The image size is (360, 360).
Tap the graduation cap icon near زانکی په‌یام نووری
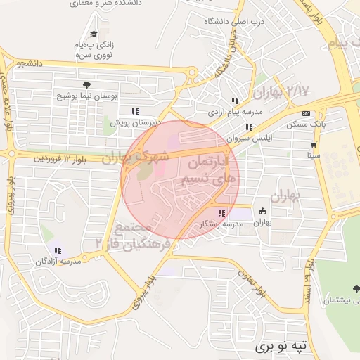[x=94, y=34]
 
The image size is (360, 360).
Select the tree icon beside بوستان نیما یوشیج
[x=86, y=85]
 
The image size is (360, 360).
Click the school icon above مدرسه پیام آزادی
[x=235, y=101]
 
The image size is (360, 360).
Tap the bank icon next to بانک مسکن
[x=306, y=113]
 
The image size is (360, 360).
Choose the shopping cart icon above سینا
[x=313, y=144]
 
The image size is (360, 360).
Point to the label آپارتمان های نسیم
[x=212, y=172]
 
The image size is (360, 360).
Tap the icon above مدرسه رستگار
[x=221, y=213]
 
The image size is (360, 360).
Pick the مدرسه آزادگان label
[x=58, y=262]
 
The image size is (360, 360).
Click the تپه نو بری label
[x=281, y=347]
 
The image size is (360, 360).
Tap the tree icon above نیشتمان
[x=356, y=288]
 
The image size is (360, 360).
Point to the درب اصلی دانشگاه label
[x=233, y=22]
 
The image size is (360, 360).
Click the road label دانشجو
[x=32, y=63]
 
